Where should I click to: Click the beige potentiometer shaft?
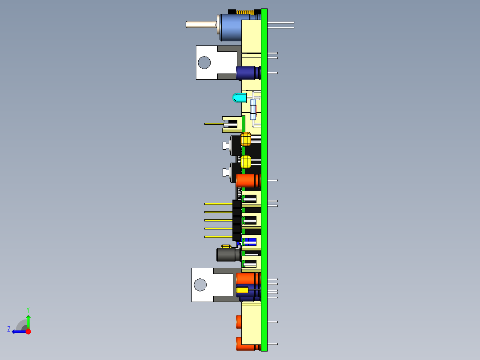200,24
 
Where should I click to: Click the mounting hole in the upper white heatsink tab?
204,62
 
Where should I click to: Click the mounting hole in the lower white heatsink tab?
200,285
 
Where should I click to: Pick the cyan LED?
239,98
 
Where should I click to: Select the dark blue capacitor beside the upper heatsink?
248,73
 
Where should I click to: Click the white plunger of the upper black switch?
225,145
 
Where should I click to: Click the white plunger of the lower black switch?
225,172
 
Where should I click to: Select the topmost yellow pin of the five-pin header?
218,204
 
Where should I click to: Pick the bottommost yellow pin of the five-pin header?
218,237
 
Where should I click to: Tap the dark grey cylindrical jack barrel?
228,254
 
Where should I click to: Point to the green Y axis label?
28,309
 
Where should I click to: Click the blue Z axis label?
9,329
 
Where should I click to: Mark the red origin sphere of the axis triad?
28,331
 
